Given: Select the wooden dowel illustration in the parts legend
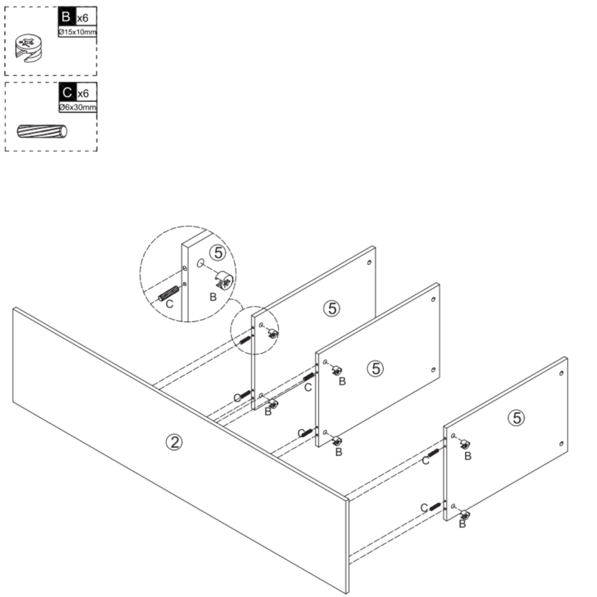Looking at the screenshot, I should point(43,131).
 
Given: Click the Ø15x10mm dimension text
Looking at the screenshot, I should point(77,32).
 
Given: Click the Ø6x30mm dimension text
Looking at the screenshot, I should point(77,108).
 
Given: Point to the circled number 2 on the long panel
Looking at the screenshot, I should point(173,442).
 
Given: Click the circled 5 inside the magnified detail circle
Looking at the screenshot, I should point(217,252).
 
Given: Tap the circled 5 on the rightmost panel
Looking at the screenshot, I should point(516,417).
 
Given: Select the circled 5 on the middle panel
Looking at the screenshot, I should point(376,368).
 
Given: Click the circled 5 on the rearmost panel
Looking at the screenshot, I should point(332,308).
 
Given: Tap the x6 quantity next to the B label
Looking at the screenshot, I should point(83,19).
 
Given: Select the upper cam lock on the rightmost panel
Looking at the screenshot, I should point(465,444).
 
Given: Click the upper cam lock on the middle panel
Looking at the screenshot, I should point(337,370).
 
